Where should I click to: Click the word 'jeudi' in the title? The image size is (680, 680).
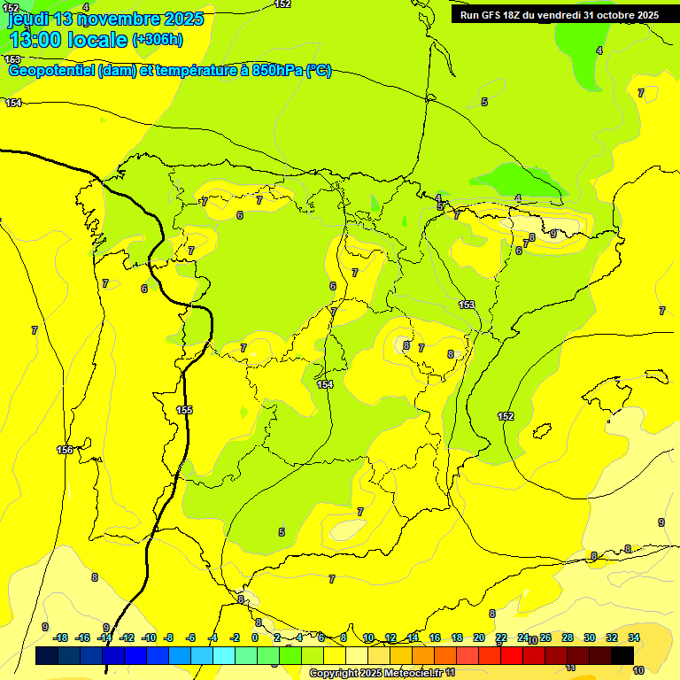click(x=27, y=18)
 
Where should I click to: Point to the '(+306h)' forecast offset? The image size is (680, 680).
click(x=157, y=40)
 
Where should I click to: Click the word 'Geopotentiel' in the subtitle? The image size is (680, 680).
click(x=51, y=71)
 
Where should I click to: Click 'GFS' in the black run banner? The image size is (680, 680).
click(x=495, y=15)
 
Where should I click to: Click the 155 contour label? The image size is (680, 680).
click(x=184, y=410)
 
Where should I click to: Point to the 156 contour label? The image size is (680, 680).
click(x=65, y=450)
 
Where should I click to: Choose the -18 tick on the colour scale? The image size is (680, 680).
click(x=61, y=637)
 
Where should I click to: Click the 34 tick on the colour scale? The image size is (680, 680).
click(x=634, y=637)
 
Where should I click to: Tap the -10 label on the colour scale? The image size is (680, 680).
click(x=148, y=637)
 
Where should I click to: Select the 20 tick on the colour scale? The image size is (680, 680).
click(x=479, y=637)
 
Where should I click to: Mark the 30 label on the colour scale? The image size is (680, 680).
click(x=590, y=637)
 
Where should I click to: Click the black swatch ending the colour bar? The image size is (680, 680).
click(x=622, y=655)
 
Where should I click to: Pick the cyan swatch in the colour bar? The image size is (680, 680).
click(x=224, y=655)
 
